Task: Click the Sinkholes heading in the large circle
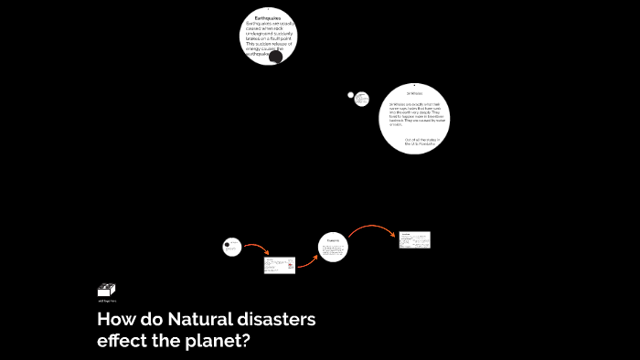pyautogui.click(x=414, y=93)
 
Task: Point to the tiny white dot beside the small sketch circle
pyautogui.click(x=350, y=94)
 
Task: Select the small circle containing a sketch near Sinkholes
pyautogui.click(x=362, y=99)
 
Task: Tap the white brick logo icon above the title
pyautogui.click(x=106, y=290)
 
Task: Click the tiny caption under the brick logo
pyautogui.click(x=107, y=301)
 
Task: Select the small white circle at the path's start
pyautogui.click(x=232, y=247)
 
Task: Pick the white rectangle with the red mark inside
pyautogui.click(x=280, y=265)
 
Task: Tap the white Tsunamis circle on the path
pyautogui.click(x=333, y=247)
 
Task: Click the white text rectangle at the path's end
pyautogui.click(x=414, y=239)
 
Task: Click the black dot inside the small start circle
pyautogui.click(x=228, y=244)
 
